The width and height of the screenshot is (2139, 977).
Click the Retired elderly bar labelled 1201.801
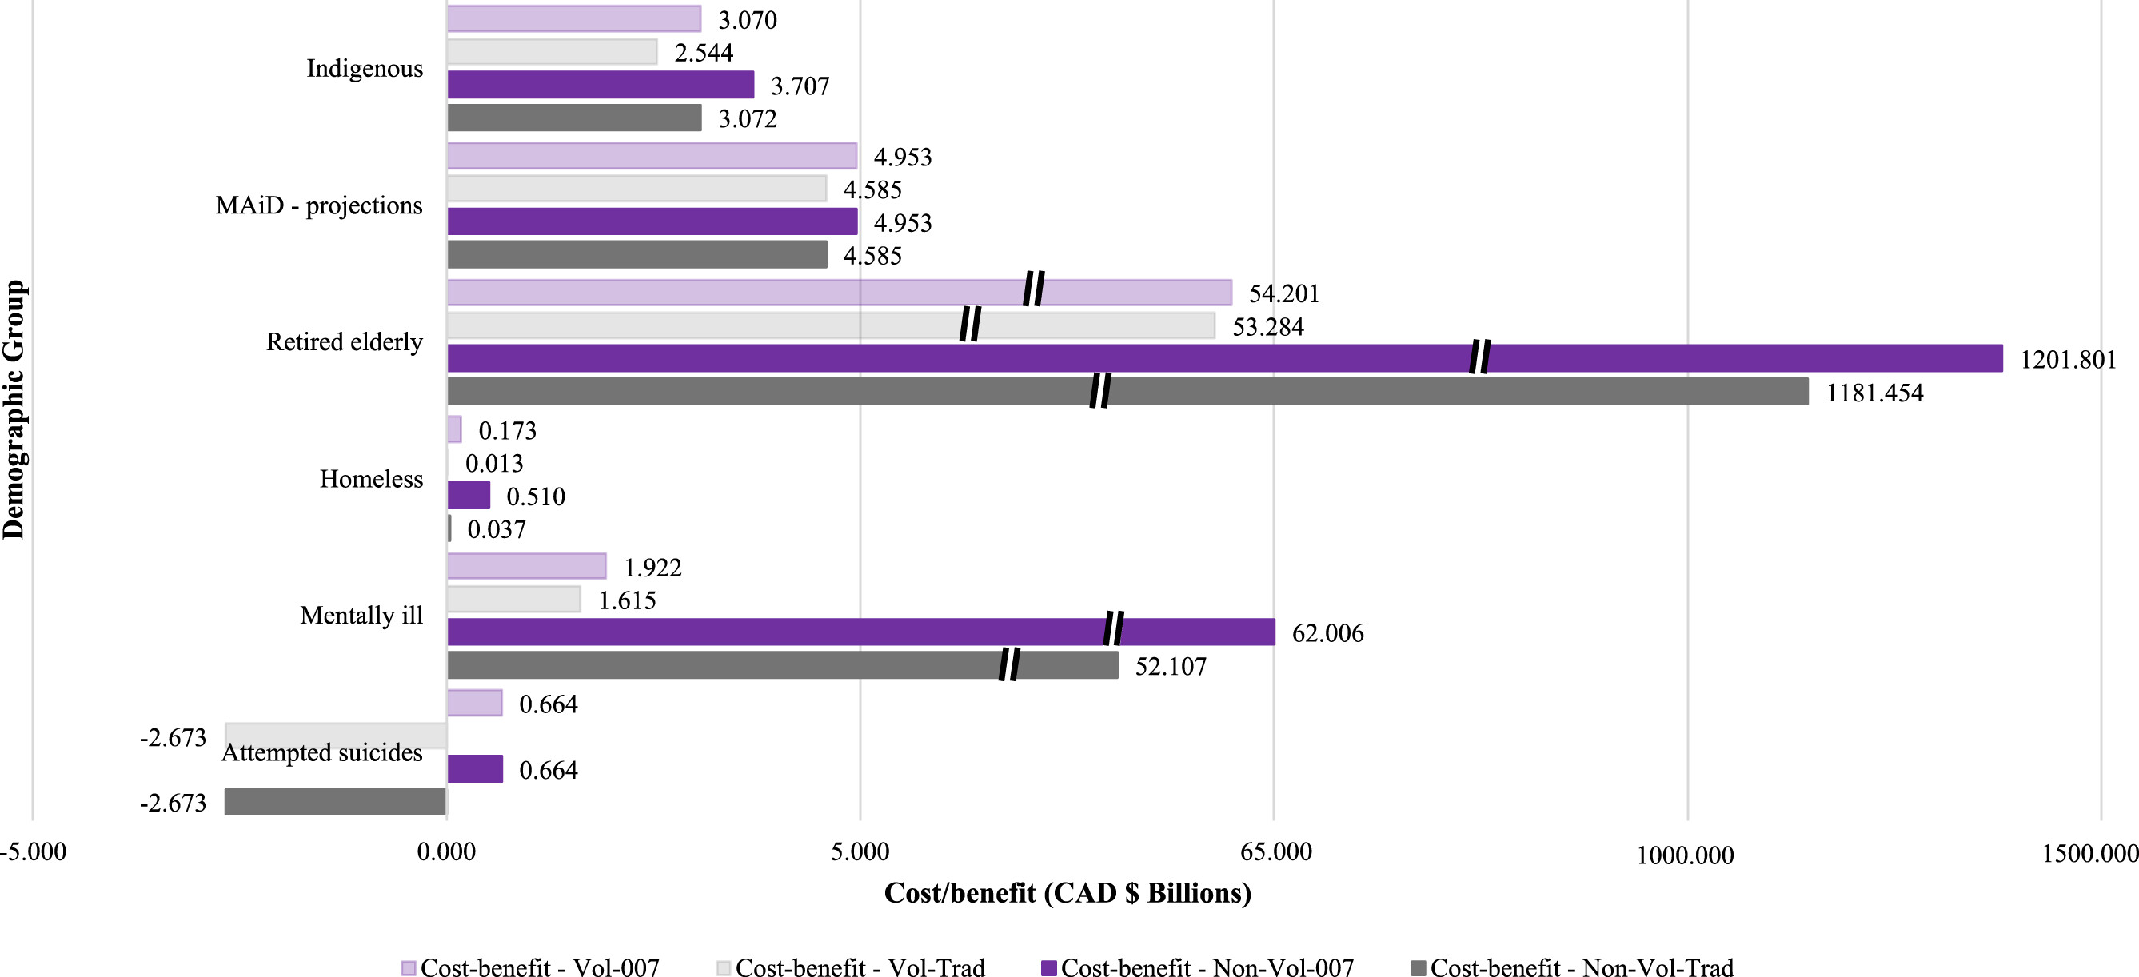[1225, 359]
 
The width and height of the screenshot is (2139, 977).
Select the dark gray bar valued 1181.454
[1127, 392]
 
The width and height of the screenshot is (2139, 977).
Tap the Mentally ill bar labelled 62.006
[861, 632]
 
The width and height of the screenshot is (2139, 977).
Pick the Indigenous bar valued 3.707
[601, 85]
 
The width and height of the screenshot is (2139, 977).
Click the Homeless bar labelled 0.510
[469, 496]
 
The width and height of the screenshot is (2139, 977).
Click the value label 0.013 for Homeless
[494, 463]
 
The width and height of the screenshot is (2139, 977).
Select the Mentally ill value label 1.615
[627, 600]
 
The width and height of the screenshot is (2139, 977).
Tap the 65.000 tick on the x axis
[1275, 851]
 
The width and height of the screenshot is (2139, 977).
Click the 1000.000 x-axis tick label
[1685, 855]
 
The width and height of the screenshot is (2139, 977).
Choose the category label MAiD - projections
[319, 205]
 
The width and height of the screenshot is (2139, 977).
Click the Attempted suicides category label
[321, 752]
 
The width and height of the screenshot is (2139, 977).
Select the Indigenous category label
[365, 68]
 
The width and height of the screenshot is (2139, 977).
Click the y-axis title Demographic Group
[14, 410]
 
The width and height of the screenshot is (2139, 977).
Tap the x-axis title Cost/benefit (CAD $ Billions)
[1067, 893]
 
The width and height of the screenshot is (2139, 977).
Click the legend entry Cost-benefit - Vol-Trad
[860, 968]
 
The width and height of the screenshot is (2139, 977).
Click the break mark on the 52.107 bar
[1009, 665]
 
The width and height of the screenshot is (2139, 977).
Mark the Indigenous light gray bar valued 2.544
[553, 52]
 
